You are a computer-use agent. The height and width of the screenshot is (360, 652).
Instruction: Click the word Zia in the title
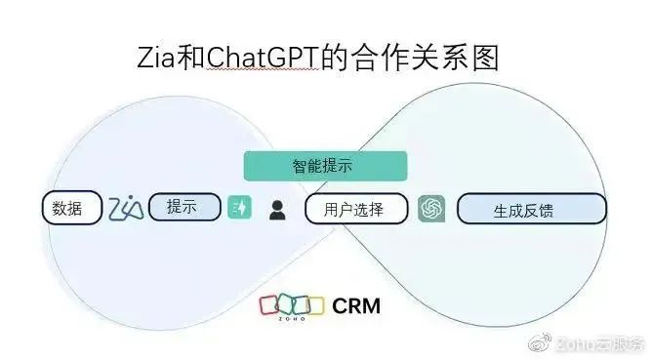[155, 58]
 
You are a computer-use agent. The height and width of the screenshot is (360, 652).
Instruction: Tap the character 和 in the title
[192, 58]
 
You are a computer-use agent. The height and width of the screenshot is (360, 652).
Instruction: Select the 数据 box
[72, 208]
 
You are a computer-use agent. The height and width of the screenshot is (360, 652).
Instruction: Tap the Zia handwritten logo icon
[126, 208]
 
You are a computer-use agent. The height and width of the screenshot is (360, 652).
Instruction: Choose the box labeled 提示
[184, 207]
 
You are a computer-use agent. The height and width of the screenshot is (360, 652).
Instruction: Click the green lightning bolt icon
[240, 208]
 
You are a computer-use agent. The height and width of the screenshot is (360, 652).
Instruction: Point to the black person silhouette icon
[278, 209]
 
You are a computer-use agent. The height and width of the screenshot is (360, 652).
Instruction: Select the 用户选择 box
[356, 209]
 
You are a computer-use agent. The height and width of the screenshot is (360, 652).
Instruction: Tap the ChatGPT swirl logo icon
[431, 209]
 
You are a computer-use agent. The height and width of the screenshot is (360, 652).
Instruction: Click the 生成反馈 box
[532, 209]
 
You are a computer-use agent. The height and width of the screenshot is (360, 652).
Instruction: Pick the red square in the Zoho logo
[269, 305]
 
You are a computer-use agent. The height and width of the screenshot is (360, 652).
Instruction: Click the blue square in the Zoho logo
[299, 305]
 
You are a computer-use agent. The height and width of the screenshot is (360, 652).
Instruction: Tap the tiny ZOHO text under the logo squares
[290, 318]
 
